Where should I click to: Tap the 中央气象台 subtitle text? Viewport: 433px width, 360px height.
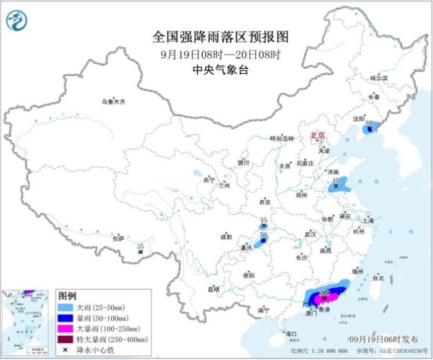click(x=217, y=69)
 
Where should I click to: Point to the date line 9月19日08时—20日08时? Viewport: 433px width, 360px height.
click(x=217, y=53)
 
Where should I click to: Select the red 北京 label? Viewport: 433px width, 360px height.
click(x=317, y=136)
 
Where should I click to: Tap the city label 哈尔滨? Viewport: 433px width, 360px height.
click(x=378, y=79)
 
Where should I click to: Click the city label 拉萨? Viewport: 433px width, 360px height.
click(x=118, y=238)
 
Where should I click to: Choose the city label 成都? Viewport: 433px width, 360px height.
click(x=225, y=237)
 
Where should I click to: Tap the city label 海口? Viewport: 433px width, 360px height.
click(x=290, y=333)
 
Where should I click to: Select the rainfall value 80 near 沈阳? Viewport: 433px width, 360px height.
click(x=368, y=122)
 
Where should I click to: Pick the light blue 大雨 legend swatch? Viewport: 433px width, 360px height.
click(x=66, y=308)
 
